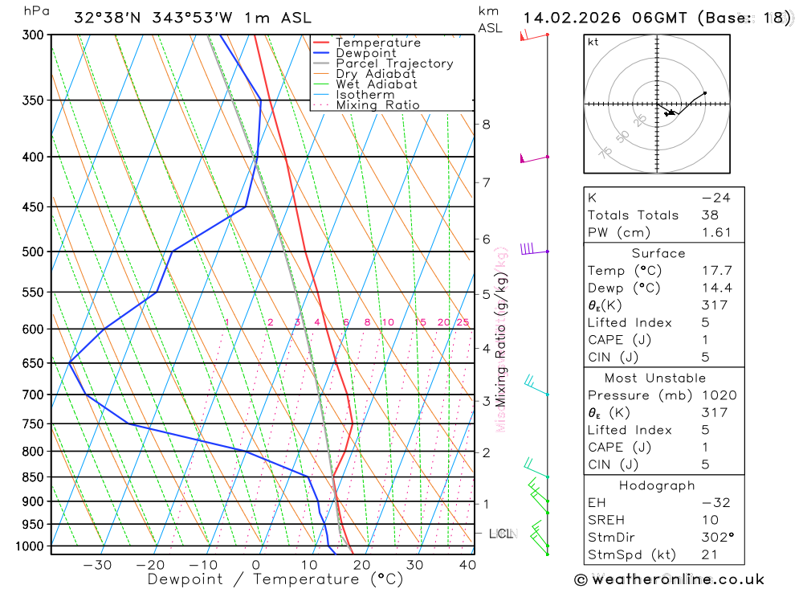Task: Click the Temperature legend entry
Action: coord(377,43)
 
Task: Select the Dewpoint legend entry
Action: coord(366,53)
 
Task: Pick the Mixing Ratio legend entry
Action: coord(377,105)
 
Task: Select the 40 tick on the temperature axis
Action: coord(467,565)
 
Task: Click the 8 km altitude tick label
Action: coord(486,124)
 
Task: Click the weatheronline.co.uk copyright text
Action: coord(670,579)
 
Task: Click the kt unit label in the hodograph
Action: coord(593,42)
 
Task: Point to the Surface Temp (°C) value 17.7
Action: coord(716,271)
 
